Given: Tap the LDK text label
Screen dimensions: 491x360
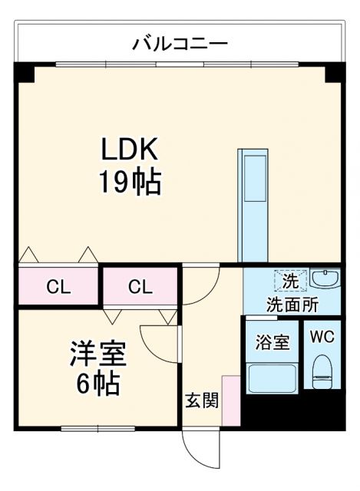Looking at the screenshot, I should point(128,148).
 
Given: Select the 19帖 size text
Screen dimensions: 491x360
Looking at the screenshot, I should point(128,182).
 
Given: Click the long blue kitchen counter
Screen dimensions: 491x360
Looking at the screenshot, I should point(251,204).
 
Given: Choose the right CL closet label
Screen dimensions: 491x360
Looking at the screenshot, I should point(140,288).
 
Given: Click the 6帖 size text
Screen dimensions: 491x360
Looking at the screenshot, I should point(97,383).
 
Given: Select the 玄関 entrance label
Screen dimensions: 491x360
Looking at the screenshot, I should point(202,400).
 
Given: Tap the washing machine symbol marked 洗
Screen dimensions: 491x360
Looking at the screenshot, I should point(289,282).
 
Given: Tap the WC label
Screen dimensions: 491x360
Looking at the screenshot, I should point(322,336).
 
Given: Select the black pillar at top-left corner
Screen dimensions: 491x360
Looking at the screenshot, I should point(25,73).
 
